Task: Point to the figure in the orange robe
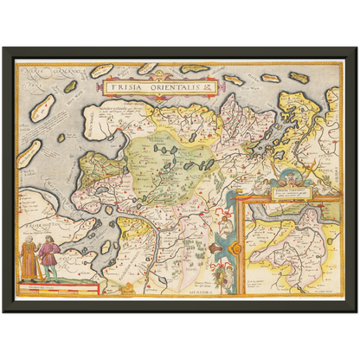[29, 258]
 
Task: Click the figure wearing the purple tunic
[50, 259]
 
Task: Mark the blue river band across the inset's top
[294, 208]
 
